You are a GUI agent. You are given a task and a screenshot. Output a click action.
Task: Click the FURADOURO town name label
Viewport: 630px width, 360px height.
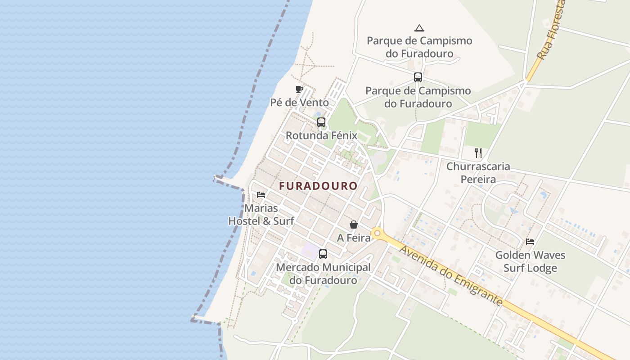point(318,186)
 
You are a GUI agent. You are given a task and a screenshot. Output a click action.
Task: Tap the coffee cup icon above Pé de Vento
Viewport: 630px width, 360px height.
point(299,89)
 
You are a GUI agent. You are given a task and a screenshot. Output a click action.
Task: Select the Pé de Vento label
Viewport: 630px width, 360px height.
point(300,103)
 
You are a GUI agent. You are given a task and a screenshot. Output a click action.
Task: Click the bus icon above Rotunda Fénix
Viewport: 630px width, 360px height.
point(321,122)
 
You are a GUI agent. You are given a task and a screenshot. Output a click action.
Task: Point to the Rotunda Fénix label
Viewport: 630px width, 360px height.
point(321,135)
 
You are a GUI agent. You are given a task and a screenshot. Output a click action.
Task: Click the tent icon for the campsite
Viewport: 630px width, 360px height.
point(419,28)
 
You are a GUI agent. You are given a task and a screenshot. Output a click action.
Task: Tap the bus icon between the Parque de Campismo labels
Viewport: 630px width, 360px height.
point(418,77)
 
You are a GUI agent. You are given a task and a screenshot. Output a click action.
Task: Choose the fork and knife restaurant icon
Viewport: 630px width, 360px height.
point(478,153)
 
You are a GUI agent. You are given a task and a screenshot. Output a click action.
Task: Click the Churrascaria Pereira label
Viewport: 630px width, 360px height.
point(478,173)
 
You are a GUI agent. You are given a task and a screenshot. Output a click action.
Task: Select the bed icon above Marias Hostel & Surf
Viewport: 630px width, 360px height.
point(261,195)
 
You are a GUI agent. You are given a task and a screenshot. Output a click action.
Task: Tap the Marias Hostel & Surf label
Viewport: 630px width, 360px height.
point(261,215)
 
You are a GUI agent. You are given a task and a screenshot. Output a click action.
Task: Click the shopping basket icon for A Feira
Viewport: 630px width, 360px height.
point(354,224)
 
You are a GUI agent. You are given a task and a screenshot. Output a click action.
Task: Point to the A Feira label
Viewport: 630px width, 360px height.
point(354,238)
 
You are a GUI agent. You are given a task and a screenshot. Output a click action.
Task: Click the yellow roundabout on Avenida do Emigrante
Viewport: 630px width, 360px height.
point(377,234)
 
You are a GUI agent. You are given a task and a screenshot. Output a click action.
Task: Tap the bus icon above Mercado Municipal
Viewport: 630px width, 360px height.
point(323,254)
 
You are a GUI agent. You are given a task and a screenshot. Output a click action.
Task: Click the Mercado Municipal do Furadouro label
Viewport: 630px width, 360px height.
point(323,274)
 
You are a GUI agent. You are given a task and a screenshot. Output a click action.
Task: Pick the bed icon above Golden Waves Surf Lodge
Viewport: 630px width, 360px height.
point(530,242)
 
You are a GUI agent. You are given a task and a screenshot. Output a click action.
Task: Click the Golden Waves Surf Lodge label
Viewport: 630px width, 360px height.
point(530,261)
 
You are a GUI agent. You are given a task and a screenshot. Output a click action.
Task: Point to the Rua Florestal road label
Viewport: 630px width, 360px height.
point(551,31)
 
